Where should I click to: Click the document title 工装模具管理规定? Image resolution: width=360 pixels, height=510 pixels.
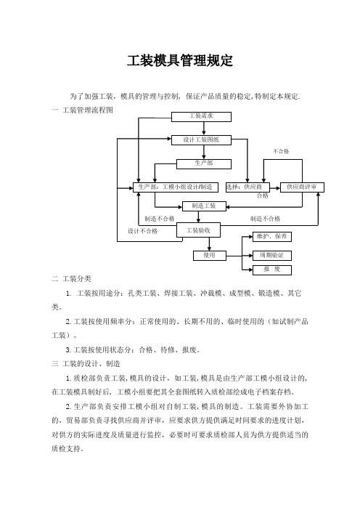pos(180,61)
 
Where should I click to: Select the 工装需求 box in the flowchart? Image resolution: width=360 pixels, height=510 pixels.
pos(201,117)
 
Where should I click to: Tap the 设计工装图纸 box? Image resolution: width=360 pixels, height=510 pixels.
pos(201,140)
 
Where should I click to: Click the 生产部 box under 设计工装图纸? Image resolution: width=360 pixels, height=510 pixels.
pos(204,164)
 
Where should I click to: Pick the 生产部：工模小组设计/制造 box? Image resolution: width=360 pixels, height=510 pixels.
pos(176,187)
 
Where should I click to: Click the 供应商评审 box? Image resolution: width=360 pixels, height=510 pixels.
pos(302,187)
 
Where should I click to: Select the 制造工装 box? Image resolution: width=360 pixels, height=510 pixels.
pos(204,206)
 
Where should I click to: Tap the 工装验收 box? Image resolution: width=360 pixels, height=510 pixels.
pos(198,230)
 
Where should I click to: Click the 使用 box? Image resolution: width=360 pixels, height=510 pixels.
pos(210,256)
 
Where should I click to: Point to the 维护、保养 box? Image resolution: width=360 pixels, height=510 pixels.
pos(272,237)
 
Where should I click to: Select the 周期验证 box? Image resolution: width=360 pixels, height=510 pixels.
pos(272,256)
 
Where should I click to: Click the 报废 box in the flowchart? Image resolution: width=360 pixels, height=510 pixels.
pos(272,270)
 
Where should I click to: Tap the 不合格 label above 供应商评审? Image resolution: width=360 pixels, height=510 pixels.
pos(281,152)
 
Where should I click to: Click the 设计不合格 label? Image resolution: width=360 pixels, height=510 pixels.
pos(143,231)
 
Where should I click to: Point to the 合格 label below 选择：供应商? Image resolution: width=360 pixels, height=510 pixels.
pos(263,195)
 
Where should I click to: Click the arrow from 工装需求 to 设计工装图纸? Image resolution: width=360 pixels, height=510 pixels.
pos(204,129)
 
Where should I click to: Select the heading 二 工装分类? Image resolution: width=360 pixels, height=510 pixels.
pos(71,279)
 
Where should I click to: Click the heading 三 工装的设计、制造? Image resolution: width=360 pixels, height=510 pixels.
pos(86,364)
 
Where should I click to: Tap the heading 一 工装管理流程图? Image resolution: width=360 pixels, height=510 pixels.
pos(83,110)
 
